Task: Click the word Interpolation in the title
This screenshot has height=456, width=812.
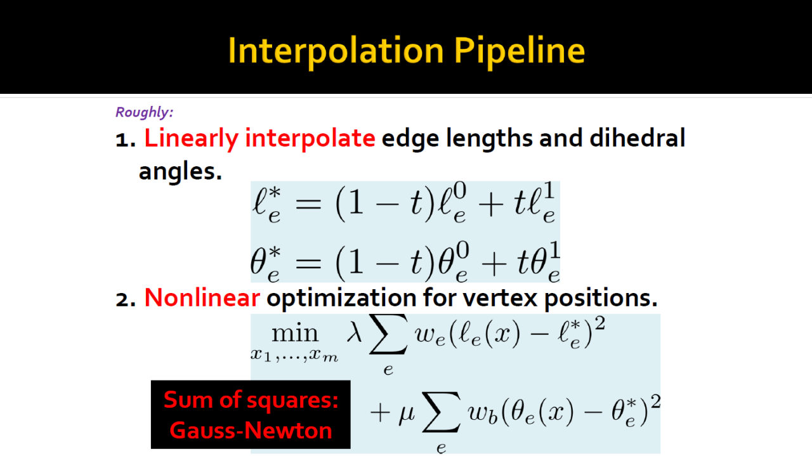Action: [x=336, y=51]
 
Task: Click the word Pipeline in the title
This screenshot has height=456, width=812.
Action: [x=520, y=51]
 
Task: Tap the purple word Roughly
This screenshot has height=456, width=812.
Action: [x=144, y=112]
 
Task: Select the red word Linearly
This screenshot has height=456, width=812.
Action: [x=192, y=139]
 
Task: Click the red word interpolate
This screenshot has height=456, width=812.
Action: [x=310, y=139]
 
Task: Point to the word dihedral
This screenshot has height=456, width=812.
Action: [x=638, y=138]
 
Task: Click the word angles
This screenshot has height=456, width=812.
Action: [x=180, y=172]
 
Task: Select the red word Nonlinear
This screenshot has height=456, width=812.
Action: [x=202, y=297]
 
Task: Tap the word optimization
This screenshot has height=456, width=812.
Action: [x=341, y=299]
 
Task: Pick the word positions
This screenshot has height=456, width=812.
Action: [x=601, y=299]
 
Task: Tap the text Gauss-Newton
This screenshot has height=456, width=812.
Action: [x=251, y=431]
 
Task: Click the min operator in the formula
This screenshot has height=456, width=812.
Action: [x=295, y=334]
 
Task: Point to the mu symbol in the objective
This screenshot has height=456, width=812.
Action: [x=407, y=414]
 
